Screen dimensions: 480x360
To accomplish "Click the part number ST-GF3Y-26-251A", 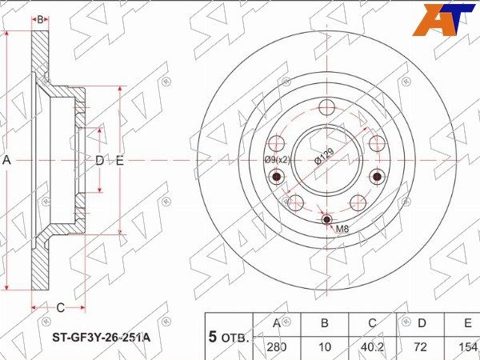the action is pyautogui.click(x=102, y=338).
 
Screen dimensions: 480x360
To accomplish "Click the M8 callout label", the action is pyautogui.click(x=342, y=229).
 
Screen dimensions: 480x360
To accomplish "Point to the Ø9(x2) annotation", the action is pyautogui.click(x=277, y=159).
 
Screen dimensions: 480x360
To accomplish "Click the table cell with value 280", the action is pyautogui.click(x=277, y=347).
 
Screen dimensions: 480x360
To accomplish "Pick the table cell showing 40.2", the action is pyautogui.click(x=372, y=347).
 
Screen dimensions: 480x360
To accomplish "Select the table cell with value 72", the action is pyautogui.click(x=420, y=347).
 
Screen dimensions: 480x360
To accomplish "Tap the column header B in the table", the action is pyautogui.click(x=325, y=323).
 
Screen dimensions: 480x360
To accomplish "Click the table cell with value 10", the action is pyautogui.click(x=325, y=347).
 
